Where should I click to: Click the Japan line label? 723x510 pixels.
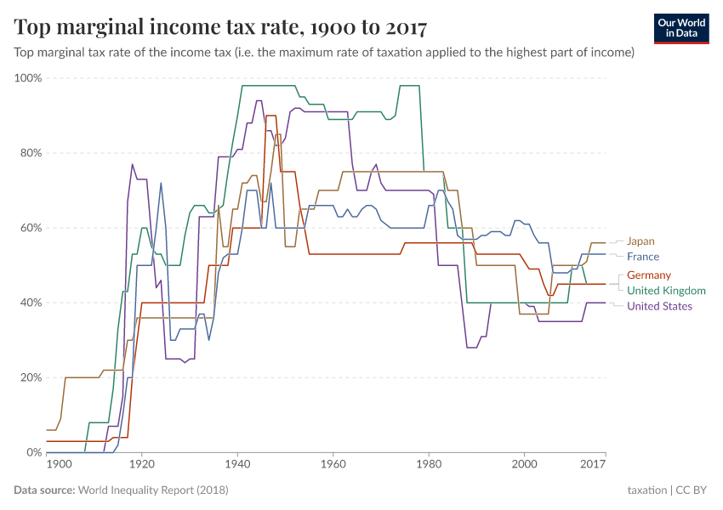point(640,241)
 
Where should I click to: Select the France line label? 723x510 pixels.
point(642,257)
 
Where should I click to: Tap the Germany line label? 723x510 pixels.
point(649,275)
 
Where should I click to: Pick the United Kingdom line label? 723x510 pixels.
point(666,291)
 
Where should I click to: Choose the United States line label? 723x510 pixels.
point(659,306)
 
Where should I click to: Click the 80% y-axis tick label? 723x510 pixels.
point(31,153)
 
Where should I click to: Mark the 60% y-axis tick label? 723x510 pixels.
point(31,228)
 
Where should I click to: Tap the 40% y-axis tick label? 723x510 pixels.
point(31,303)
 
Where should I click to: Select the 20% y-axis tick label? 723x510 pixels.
point(31,377)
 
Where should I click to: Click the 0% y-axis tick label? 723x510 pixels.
point(34,452)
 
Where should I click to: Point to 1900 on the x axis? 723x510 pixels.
point(58,465)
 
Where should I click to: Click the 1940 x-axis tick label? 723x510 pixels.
point(237,465)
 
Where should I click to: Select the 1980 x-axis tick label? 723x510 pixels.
point(429,465)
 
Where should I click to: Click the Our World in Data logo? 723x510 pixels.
point(682,27)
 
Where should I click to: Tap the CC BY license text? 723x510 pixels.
point(692,490)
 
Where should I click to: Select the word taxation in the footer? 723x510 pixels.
point(646,490)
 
